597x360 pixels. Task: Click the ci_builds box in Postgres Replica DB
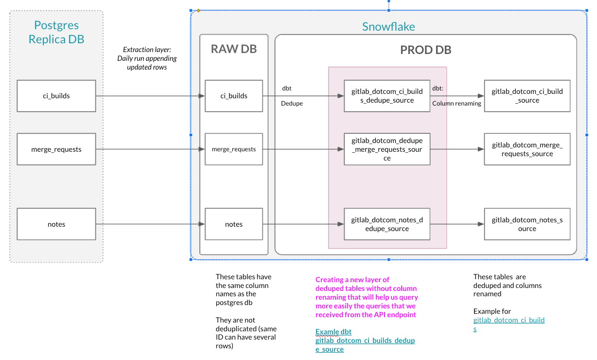pyautogui.click(x=56, y=96)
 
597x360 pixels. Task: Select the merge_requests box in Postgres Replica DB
pyautogui.click(x=56, y=149)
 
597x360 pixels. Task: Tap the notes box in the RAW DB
pyautogui.click(x=234, y=224)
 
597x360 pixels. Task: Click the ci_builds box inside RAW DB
pyautogui.click(x=234, y=96)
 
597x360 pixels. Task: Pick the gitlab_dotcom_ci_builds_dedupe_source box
pyautogui.click(x=387, y=96)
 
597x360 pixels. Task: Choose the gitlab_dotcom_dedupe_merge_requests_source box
pyautogui.click(x=387, y=149)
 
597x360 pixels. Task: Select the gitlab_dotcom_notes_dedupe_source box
pyautogui.click(x=387, y=224)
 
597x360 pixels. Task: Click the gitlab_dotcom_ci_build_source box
pyautogui.click(x=527, y=96)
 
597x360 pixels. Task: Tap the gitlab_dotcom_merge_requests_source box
pyautogui.click(x=527, y=149)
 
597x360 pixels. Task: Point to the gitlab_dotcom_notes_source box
pyautogui.click(x=527, y=224)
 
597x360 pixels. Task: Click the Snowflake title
pyautogui.click(x=388, y=27)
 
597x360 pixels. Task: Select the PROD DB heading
pyautogui.click(x=425, y=50)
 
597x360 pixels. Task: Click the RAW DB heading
pyautogui.click(x=234, y=49)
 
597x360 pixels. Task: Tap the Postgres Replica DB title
pyautogui.click(x=56, y=32)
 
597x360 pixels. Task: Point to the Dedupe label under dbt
pyautogui.click(x=292, y=104)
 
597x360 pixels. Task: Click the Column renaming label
pyautogui.click(x=457, y=104)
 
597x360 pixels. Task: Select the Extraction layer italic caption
pyautogui.click(x=147, y=58)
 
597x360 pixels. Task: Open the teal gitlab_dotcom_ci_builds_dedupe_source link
pyautogui.click(x=365, y=345)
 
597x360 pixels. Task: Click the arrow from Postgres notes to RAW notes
pyautogui.click(x=151, y=224)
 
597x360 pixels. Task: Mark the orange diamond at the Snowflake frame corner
pyautogui.click(x=198, y=10)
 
